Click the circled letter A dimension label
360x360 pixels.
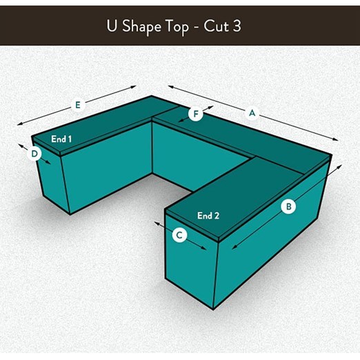252,112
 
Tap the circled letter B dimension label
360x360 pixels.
288,206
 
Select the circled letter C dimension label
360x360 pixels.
179,235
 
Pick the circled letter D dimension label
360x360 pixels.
35,153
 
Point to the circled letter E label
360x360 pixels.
78,105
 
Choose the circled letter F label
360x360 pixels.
196,114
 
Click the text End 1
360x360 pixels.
61,139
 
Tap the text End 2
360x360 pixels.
208,216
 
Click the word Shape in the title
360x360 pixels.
141,26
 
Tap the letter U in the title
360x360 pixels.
112,26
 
